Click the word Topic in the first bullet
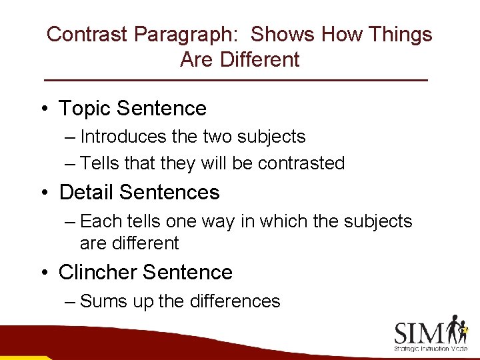click(83, 108)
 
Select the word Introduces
click(123, 137)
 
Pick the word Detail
click(86, 192)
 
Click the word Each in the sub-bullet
click(98, 221)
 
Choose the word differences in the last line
click(235, 301)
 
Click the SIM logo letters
click(419, 332)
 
